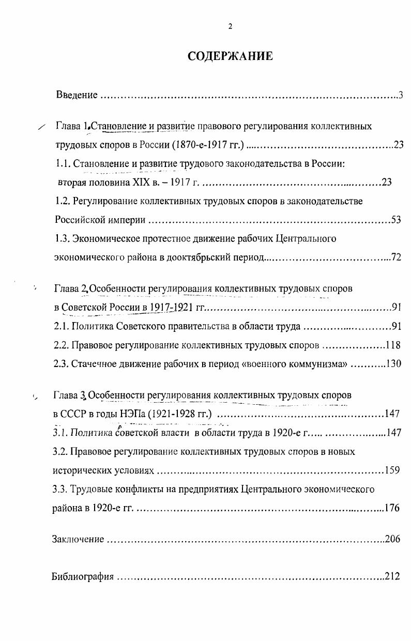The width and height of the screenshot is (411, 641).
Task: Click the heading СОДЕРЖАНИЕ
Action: (x=230, y=56)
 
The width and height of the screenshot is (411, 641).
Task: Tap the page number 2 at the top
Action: (x=230, y=27)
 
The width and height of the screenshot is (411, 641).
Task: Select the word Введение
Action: (x=77, y=95)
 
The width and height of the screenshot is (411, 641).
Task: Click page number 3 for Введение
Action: (x=400, y=95)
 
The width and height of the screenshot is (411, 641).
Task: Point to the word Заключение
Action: (x=78, y=540)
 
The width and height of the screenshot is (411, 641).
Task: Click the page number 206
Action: (x=393, y=540)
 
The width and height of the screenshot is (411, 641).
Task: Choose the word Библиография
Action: (x=83, y=577)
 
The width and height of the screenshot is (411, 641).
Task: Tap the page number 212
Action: (x=393, y=577)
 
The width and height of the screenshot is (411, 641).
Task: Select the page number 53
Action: (x=396, y=220)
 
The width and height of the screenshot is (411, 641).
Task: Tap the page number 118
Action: (x=393, y=345)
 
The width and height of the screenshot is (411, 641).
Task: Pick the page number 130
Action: (x=393, y=363)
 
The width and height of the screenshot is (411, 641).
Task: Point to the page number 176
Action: (x=392, y=508)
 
